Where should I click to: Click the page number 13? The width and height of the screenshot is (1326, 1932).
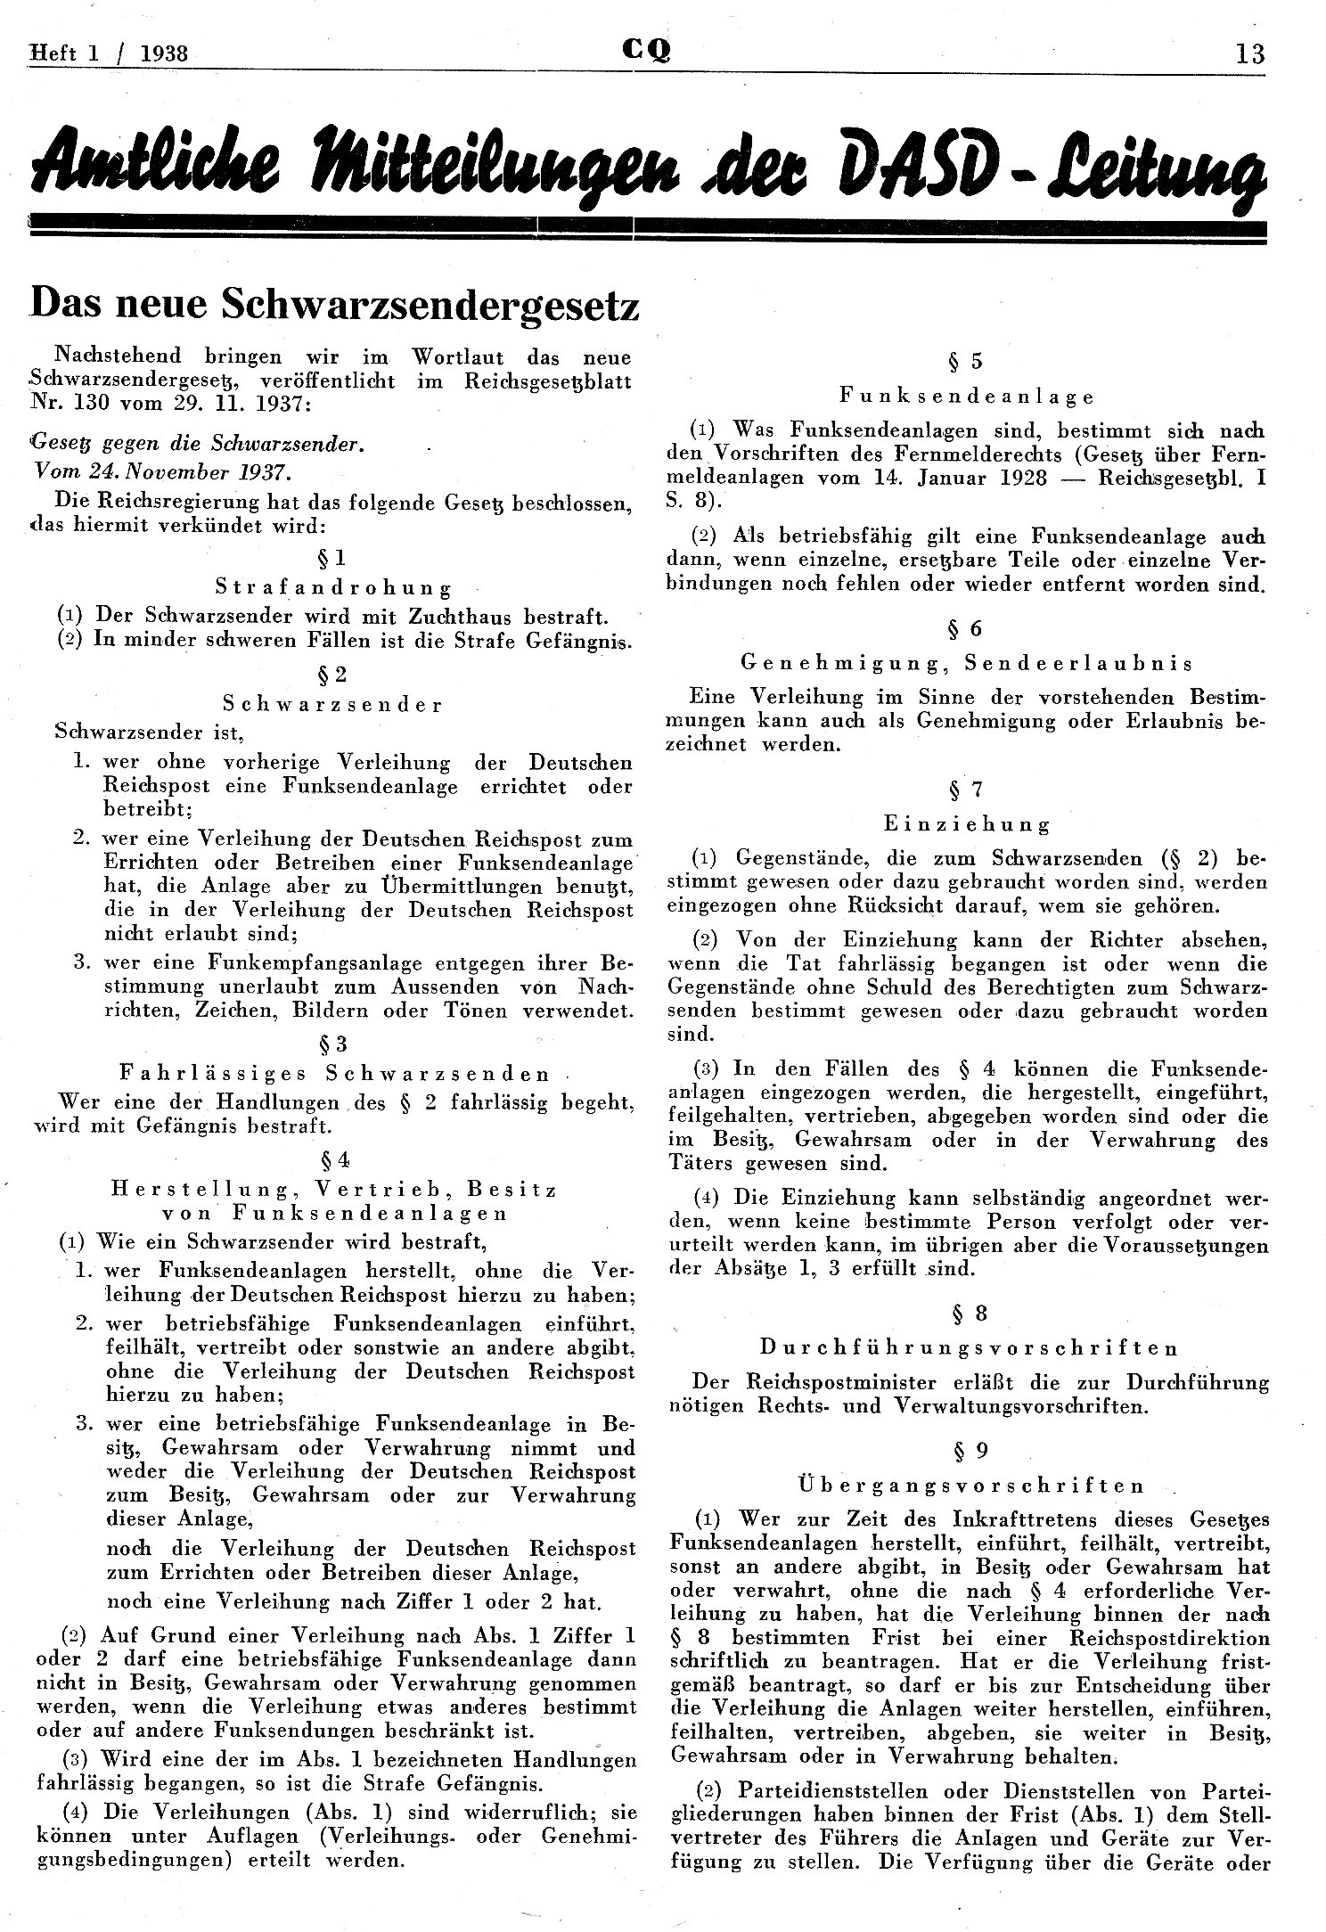tap(1249, 53)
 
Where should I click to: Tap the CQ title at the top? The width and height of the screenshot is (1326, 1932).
tap(648, 52)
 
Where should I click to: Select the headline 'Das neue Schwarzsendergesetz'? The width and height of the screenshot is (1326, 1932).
tap(335, 306)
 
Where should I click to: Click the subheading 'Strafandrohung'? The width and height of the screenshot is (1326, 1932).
tap(333, 587)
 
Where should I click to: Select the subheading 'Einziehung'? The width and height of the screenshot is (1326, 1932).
tap(967, 824)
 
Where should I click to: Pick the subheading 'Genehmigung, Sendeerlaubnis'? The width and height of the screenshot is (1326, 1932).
tap(967, 663)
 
